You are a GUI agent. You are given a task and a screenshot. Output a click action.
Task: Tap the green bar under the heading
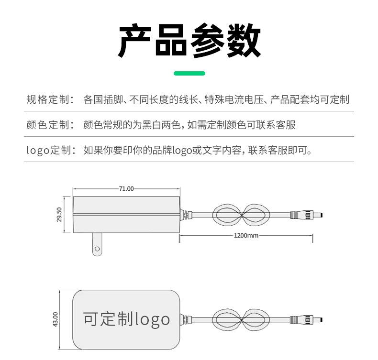pos(189,73)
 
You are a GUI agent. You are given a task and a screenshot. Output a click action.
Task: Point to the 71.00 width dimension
pos(126,188)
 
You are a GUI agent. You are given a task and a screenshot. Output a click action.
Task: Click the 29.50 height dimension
pos(59,215)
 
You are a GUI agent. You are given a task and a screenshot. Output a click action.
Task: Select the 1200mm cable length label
pos(246,235)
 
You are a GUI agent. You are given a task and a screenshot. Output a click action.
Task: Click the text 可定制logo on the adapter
pos(126,319)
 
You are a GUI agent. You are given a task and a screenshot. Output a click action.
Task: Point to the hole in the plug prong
pos(97,249)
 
